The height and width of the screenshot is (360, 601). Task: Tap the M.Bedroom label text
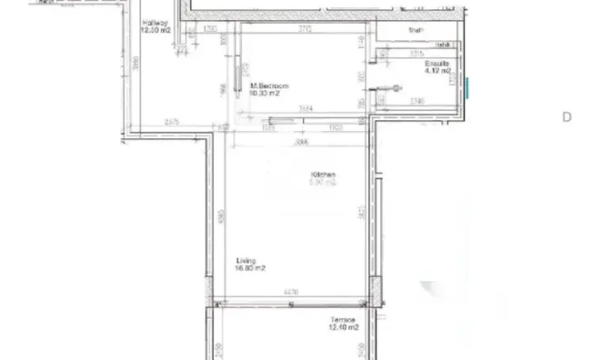269,85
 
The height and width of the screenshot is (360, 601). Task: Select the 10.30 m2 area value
269,93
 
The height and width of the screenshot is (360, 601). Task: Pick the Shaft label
416,31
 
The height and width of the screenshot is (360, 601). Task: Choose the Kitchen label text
324,175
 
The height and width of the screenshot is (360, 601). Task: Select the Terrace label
343,320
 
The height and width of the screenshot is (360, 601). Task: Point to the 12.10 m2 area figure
344,327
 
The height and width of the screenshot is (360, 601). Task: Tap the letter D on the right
566,116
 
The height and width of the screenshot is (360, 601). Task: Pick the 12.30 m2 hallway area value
155,30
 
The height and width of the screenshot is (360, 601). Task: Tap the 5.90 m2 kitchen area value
324,183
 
